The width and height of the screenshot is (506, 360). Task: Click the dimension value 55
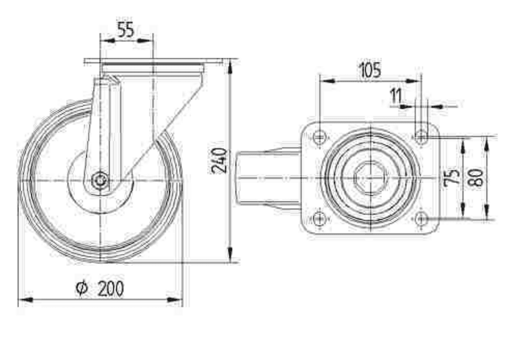tap(125, 30)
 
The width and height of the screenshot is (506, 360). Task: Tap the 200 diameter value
tap(111, 288)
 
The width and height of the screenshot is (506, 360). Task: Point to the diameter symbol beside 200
tap(81, 288)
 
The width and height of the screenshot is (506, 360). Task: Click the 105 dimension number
tap(369, 70)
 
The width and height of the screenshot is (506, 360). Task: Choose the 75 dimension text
tap(452, 177)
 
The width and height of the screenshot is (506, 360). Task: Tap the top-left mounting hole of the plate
tap(319, 136)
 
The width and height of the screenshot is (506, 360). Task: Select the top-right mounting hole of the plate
tap(420, 136)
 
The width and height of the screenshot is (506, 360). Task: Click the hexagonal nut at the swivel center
tap(370, 177)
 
